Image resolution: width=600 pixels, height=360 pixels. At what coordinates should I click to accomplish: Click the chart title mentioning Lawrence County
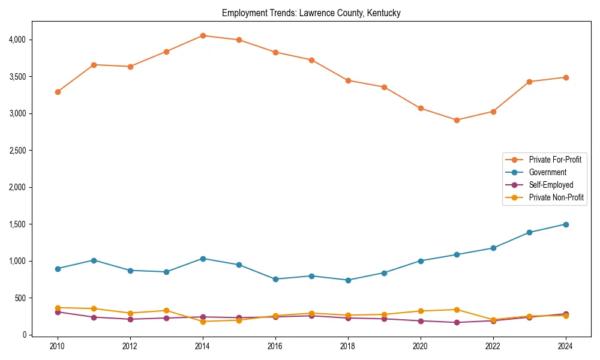(x=311, y=13)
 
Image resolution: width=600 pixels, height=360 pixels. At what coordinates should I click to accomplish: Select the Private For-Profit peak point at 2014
(x=203, y=35)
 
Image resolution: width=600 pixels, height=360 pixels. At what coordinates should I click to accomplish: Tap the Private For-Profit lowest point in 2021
(x=457, y=120)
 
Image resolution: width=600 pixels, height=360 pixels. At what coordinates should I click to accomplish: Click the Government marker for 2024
(x=566, y=224)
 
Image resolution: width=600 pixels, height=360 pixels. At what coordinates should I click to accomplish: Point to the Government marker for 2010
(x=58, y=269)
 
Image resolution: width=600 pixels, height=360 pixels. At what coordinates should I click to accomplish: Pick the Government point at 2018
(x=348, y=280)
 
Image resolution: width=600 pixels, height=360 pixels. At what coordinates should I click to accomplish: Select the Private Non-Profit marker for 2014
(x=203, y=322)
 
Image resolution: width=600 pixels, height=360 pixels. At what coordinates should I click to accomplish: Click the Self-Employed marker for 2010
(x=58, y=312)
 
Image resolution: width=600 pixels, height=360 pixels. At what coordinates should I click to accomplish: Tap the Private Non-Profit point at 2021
(x=457, y=310)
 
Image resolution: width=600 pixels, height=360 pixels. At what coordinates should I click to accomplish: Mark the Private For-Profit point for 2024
(x=566, y=77)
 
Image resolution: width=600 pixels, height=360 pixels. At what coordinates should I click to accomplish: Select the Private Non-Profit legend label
(x=556, y=197)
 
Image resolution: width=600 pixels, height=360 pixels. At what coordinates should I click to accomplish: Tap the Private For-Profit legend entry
(x=555, y=160)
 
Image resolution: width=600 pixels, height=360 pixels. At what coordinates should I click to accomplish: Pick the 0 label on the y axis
(x=23, y=335)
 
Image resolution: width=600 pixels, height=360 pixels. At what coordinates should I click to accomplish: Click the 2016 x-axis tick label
(x=275, y=347)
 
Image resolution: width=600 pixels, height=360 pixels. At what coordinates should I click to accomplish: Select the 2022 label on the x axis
(x=493, y=347)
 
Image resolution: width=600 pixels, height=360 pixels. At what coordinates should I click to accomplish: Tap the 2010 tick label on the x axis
(x=58, y=347)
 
